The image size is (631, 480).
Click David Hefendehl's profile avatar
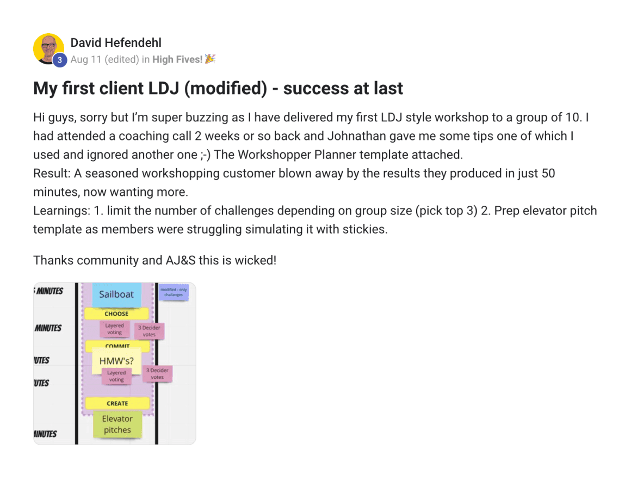48,48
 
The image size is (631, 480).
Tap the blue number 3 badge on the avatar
59,60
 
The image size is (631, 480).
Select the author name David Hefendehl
116,42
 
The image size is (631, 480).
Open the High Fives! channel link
177,59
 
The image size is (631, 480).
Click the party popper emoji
211,59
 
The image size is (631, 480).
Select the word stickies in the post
364,229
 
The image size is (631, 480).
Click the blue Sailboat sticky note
116,294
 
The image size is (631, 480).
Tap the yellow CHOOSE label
116,313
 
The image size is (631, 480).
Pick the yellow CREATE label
117,403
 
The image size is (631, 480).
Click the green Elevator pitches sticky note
117,424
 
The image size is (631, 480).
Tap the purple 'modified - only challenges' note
174,292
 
